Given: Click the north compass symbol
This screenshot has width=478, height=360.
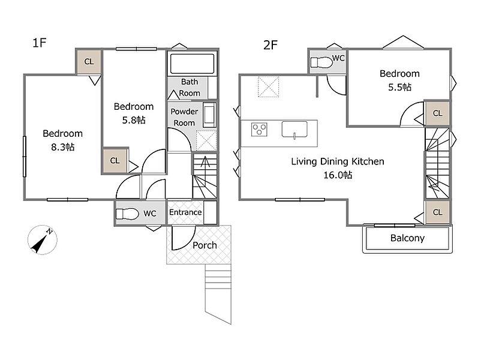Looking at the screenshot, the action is click(43, 240).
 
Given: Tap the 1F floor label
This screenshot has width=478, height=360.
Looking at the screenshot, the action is click(39, 43).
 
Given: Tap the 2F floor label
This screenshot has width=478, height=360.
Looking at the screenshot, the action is click(270, 45).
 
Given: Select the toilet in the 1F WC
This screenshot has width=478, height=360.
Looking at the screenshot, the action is click(127, 214).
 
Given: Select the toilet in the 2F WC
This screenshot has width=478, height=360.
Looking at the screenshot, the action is click(321, 62).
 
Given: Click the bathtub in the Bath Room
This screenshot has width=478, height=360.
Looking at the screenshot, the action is click(192, 64).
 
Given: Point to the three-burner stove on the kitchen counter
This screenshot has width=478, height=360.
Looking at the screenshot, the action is click(260, 129).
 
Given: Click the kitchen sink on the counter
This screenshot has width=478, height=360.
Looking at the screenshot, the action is click(294, 130).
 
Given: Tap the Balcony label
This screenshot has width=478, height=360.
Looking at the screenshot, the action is click(407, 238).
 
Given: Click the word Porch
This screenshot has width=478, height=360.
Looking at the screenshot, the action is click(205, 245).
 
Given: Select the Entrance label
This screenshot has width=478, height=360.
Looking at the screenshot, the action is click(185, 212).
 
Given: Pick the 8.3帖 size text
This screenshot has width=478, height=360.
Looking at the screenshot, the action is click(62, 147).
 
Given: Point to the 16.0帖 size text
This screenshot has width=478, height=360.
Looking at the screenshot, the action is click(338, 175).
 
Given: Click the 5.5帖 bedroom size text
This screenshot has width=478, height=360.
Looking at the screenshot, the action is click(399, 87).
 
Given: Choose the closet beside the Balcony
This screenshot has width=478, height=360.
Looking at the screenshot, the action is click(437, 212).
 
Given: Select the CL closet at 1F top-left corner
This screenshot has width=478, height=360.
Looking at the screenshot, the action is click(89, 62).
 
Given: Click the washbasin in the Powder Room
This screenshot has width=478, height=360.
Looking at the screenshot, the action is click(209, 115).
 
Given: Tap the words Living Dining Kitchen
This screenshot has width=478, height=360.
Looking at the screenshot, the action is click(338, 161).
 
